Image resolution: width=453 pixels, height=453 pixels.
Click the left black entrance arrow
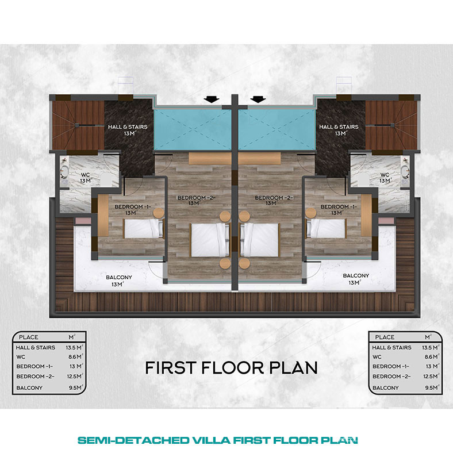pyautogui.click(x=212, y=99)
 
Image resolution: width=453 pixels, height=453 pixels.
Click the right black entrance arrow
pyautogui.click(x=258, y=99)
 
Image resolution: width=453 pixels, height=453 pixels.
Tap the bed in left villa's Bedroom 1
pyautogui.click(x=144, y=228)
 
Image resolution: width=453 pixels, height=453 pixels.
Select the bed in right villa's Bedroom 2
pyautogui.click(x=259, y=240)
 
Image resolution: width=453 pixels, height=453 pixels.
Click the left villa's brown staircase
pyautogui.click(x=78, y=125)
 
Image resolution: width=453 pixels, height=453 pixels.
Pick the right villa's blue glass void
pyautogui.click(x=277, y=129)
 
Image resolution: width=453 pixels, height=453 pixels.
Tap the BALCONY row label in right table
pyautogui.click(x=385, y=387)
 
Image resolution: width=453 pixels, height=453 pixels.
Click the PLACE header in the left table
pyautogui.click(x=28, y=337)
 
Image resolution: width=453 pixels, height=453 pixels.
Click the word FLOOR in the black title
pyautogui.click(x=232, y=367)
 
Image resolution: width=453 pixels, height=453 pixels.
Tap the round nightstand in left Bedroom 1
pyautogui.click(x=158, y=213)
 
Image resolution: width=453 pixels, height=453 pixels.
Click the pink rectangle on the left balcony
pyautogui.click(x=83, y=221)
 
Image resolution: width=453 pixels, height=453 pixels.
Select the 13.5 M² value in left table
pyautogui.click(x=75, y=347)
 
